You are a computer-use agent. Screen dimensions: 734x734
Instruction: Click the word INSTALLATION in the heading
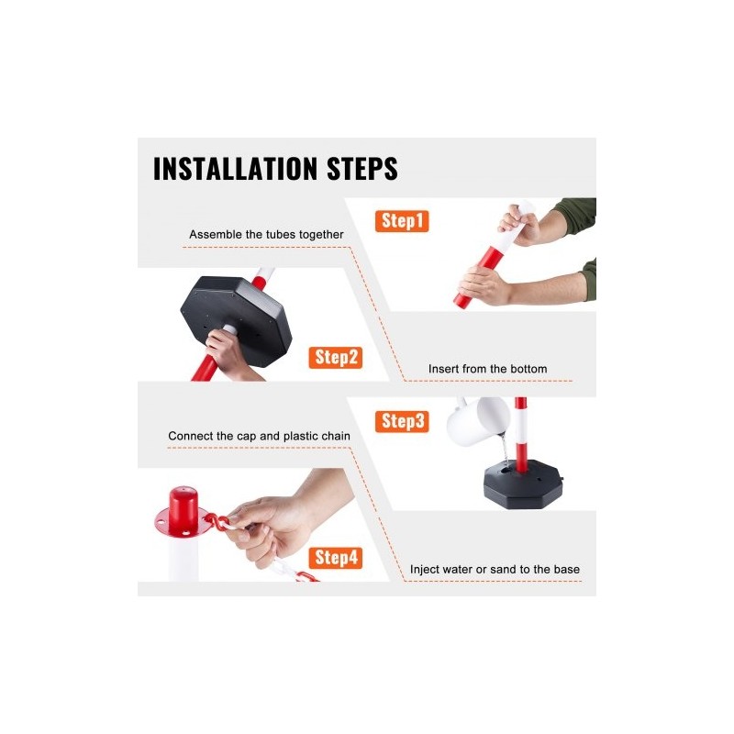pos(236,169)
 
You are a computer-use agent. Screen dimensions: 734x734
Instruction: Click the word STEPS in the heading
pos(362,169)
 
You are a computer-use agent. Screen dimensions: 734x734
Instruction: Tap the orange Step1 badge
pos(402,221)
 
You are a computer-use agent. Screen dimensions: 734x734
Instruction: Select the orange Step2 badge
pos(335,358)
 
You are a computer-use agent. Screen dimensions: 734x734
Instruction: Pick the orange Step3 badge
pos(402,421)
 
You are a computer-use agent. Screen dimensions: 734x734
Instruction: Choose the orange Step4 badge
pos(335,558)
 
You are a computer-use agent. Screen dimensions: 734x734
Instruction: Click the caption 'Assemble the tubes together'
pos(266,235)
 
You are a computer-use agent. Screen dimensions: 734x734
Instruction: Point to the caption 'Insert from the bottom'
pos(488,369)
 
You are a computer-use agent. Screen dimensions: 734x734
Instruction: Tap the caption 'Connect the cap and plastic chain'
pos(260,437)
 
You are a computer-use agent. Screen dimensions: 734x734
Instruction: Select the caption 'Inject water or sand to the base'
pos(495,569)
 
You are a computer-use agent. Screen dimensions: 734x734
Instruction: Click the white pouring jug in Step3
pos(476,421)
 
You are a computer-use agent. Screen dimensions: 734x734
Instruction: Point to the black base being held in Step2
pos(237,319)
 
